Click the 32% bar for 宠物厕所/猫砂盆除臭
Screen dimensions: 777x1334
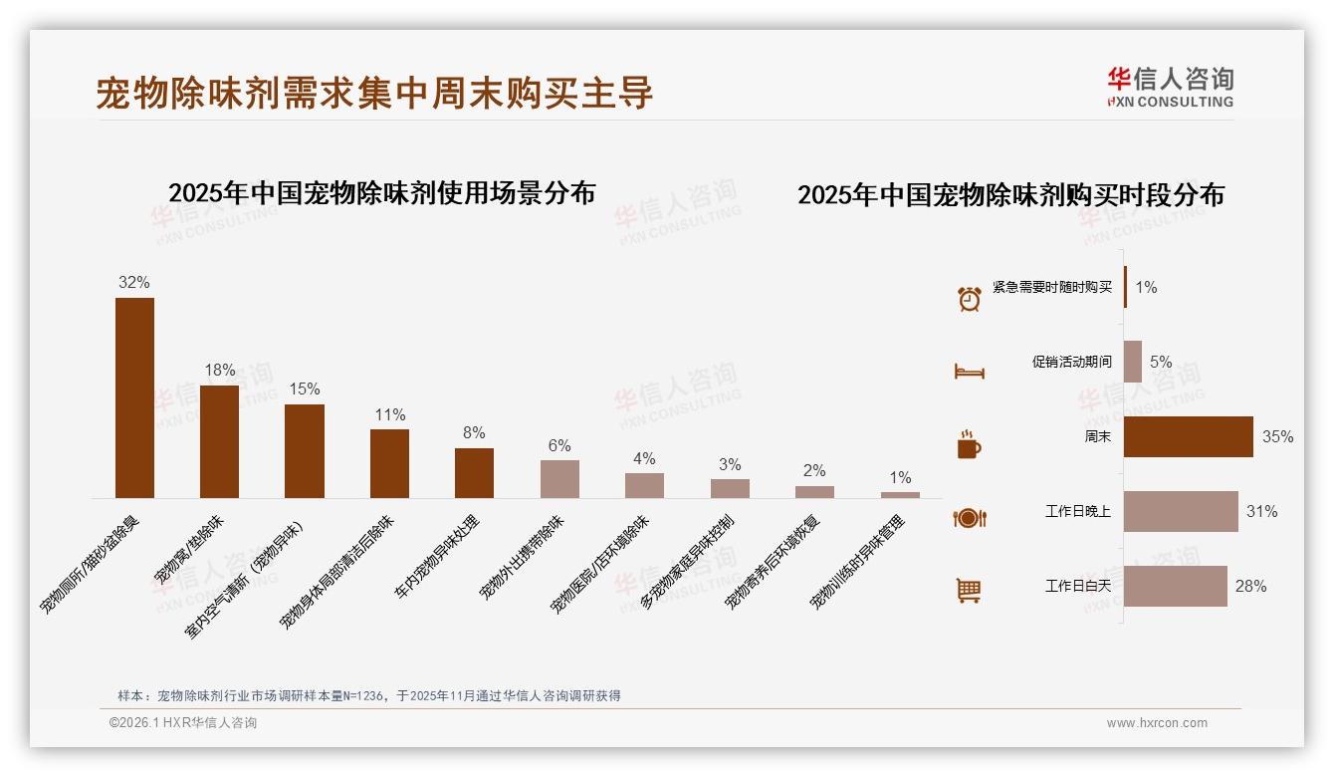pos(134,397)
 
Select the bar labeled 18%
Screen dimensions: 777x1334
pos(219,441)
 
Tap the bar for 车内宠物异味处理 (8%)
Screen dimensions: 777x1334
pos(474,473)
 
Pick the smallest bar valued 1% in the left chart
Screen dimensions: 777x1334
pos(900,495)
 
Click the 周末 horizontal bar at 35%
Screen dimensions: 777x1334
pos(1188,436)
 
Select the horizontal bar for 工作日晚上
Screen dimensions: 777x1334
pos(1181,511)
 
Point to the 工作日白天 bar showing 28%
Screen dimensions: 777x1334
pos(1175,586)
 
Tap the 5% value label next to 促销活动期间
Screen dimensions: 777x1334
pos(1161,363)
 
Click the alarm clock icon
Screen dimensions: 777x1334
pos(969,298)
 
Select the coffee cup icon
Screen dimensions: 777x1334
pos(969,444)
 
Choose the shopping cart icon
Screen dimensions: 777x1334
pos(969,591)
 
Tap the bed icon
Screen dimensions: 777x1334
pos(969,372)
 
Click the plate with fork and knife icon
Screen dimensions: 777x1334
pos(969,518)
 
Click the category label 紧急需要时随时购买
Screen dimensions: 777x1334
pos(1051,288)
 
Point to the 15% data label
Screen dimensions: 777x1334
pos(305,389)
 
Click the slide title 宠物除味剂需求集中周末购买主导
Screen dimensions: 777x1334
pos(374,93)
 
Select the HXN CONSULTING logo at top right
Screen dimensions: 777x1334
pos(1170,87)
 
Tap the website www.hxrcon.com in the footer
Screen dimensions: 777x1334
pos(1157,723)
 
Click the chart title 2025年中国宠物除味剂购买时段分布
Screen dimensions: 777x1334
pos(1010,195)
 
